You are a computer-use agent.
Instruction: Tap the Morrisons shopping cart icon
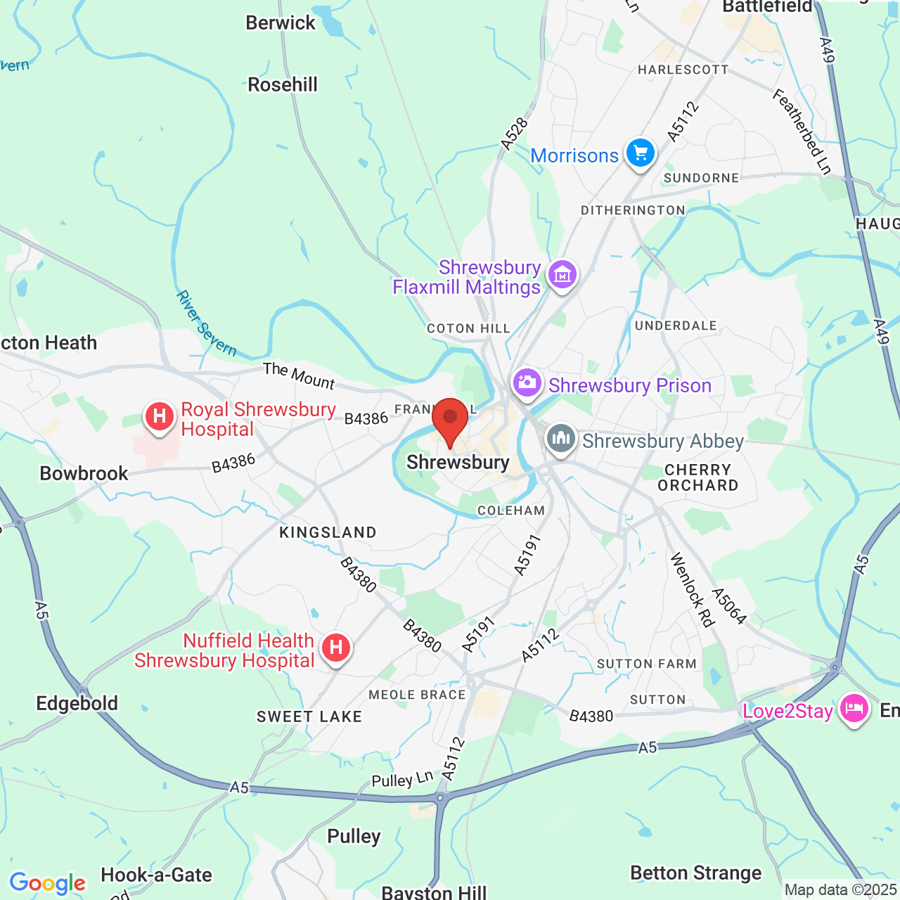[640, 152]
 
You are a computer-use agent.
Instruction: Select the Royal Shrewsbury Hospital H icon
[160, 416]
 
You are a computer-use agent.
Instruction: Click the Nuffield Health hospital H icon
[336, 648]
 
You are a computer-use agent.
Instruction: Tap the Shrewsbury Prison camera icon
[527, 383]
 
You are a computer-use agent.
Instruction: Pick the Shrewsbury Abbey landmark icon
[561, 438]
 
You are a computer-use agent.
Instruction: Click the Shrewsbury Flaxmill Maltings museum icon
[562, 275]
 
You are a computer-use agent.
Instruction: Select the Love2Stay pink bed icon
[854, 708]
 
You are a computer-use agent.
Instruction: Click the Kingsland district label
[328, 532]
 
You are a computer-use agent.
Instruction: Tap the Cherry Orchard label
[697, 477]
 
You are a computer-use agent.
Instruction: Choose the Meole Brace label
[417, 695]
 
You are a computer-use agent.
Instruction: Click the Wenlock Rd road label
[693, 589]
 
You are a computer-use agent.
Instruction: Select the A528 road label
[515, 134]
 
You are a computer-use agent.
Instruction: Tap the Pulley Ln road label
[402, 780]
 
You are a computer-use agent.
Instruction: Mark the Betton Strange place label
[695, 873]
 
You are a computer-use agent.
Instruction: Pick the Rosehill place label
[283, 85]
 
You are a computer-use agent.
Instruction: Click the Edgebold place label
[77, 703]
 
